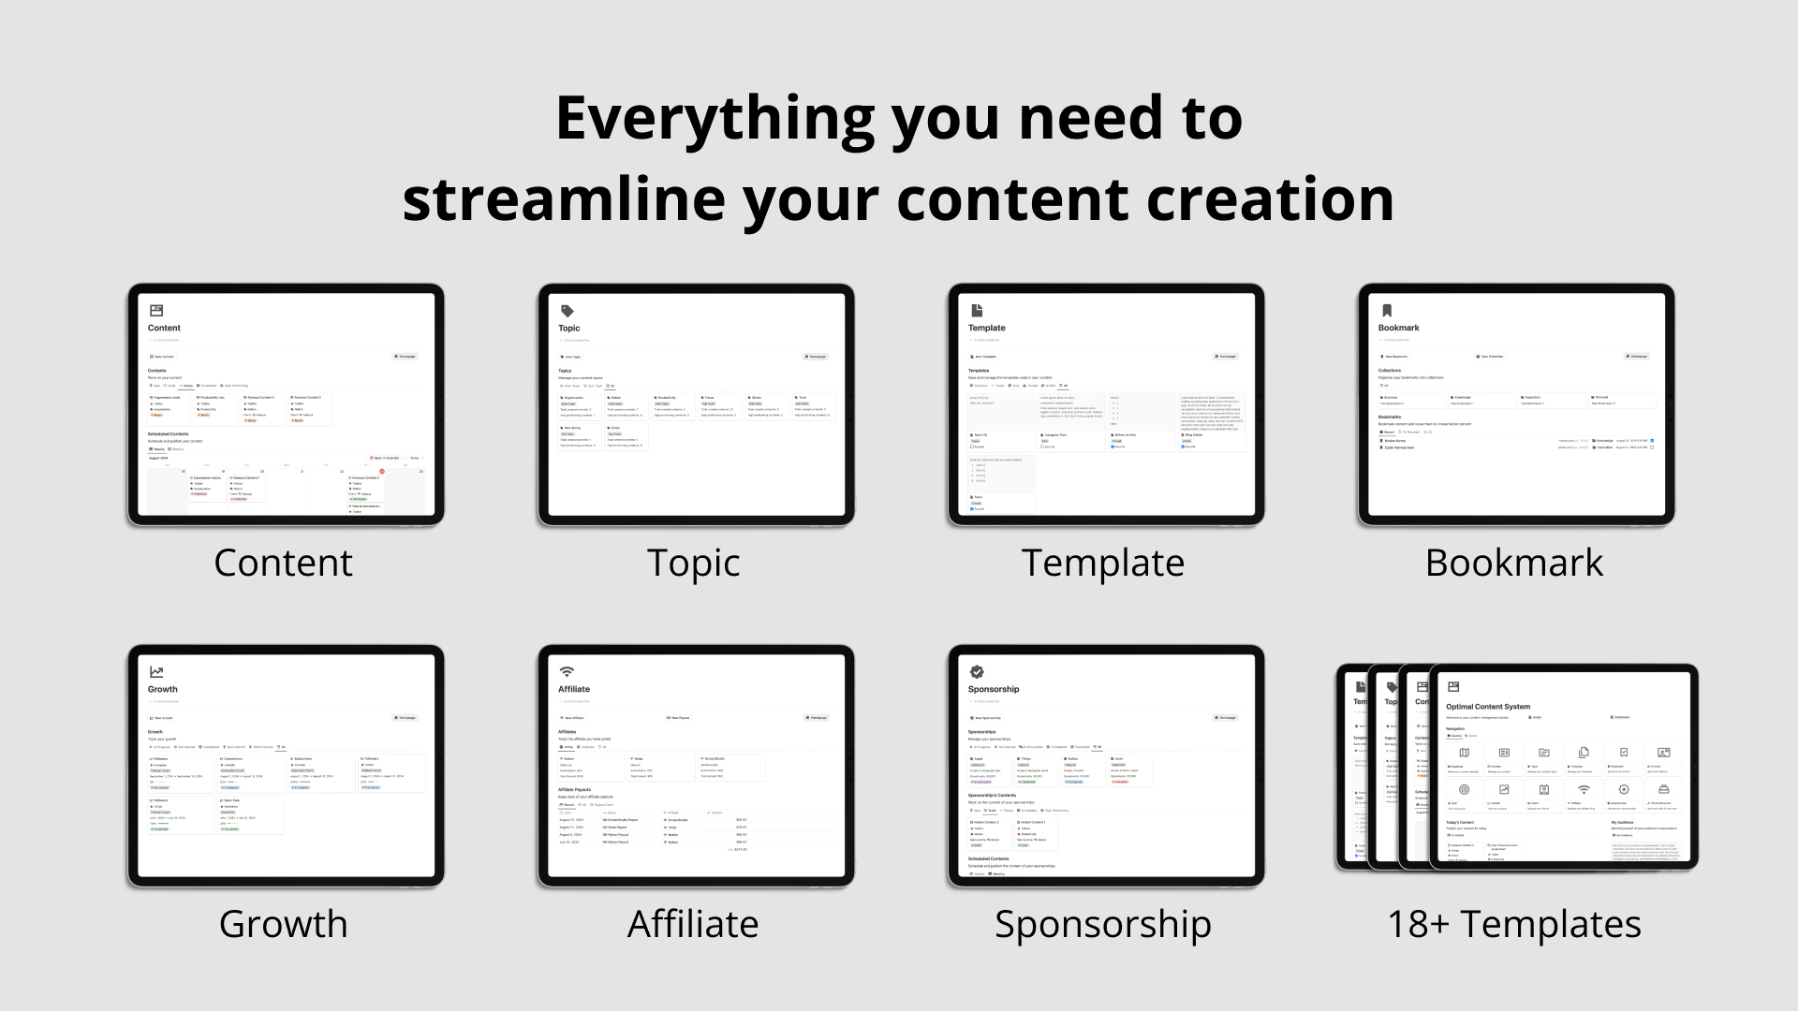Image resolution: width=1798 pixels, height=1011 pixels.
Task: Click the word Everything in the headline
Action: point(714,119)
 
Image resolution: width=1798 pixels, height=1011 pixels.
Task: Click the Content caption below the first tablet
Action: point(283,563)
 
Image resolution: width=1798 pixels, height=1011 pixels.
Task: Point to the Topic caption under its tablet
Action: point(693,563)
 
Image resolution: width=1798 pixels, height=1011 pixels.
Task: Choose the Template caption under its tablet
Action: point(1102,563)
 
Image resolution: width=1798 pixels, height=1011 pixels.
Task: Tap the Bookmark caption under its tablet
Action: point(1513,563)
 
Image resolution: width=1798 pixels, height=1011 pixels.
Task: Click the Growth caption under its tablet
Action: point(283,924)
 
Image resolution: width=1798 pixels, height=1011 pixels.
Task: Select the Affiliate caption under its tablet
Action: point(693,924)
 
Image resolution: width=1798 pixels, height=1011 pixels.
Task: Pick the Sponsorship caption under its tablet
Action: point(1102,924)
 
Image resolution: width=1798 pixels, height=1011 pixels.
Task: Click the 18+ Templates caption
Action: point(1513,924)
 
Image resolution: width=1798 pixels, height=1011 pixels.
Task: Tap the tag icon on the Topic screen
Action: point(567,311)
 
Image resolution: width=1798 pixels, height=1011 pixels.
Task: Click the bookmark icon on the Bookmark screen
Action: point(1387,311)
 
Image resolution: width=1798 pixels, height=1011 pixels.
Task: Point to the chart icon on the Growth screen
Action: point(156,672)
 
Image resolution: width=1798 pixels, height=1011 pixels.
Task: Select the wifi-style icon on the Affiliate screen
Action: point(567,672)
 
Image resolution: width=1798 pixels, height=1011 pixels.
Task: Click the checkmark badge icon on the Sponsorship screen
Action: point(977,672)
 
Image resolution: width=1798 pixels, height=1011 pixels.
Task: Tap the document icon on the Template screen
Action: point(977,311)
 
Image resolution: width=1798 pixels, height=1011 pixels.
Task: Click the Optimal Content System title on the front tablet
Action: point(1487,707)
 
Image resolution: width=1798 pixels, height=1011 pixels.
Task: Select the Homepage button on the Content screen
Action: point(404,357)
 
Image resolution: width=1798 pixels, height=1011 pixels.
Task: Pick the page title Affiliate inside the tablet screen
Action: point(574,689)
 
